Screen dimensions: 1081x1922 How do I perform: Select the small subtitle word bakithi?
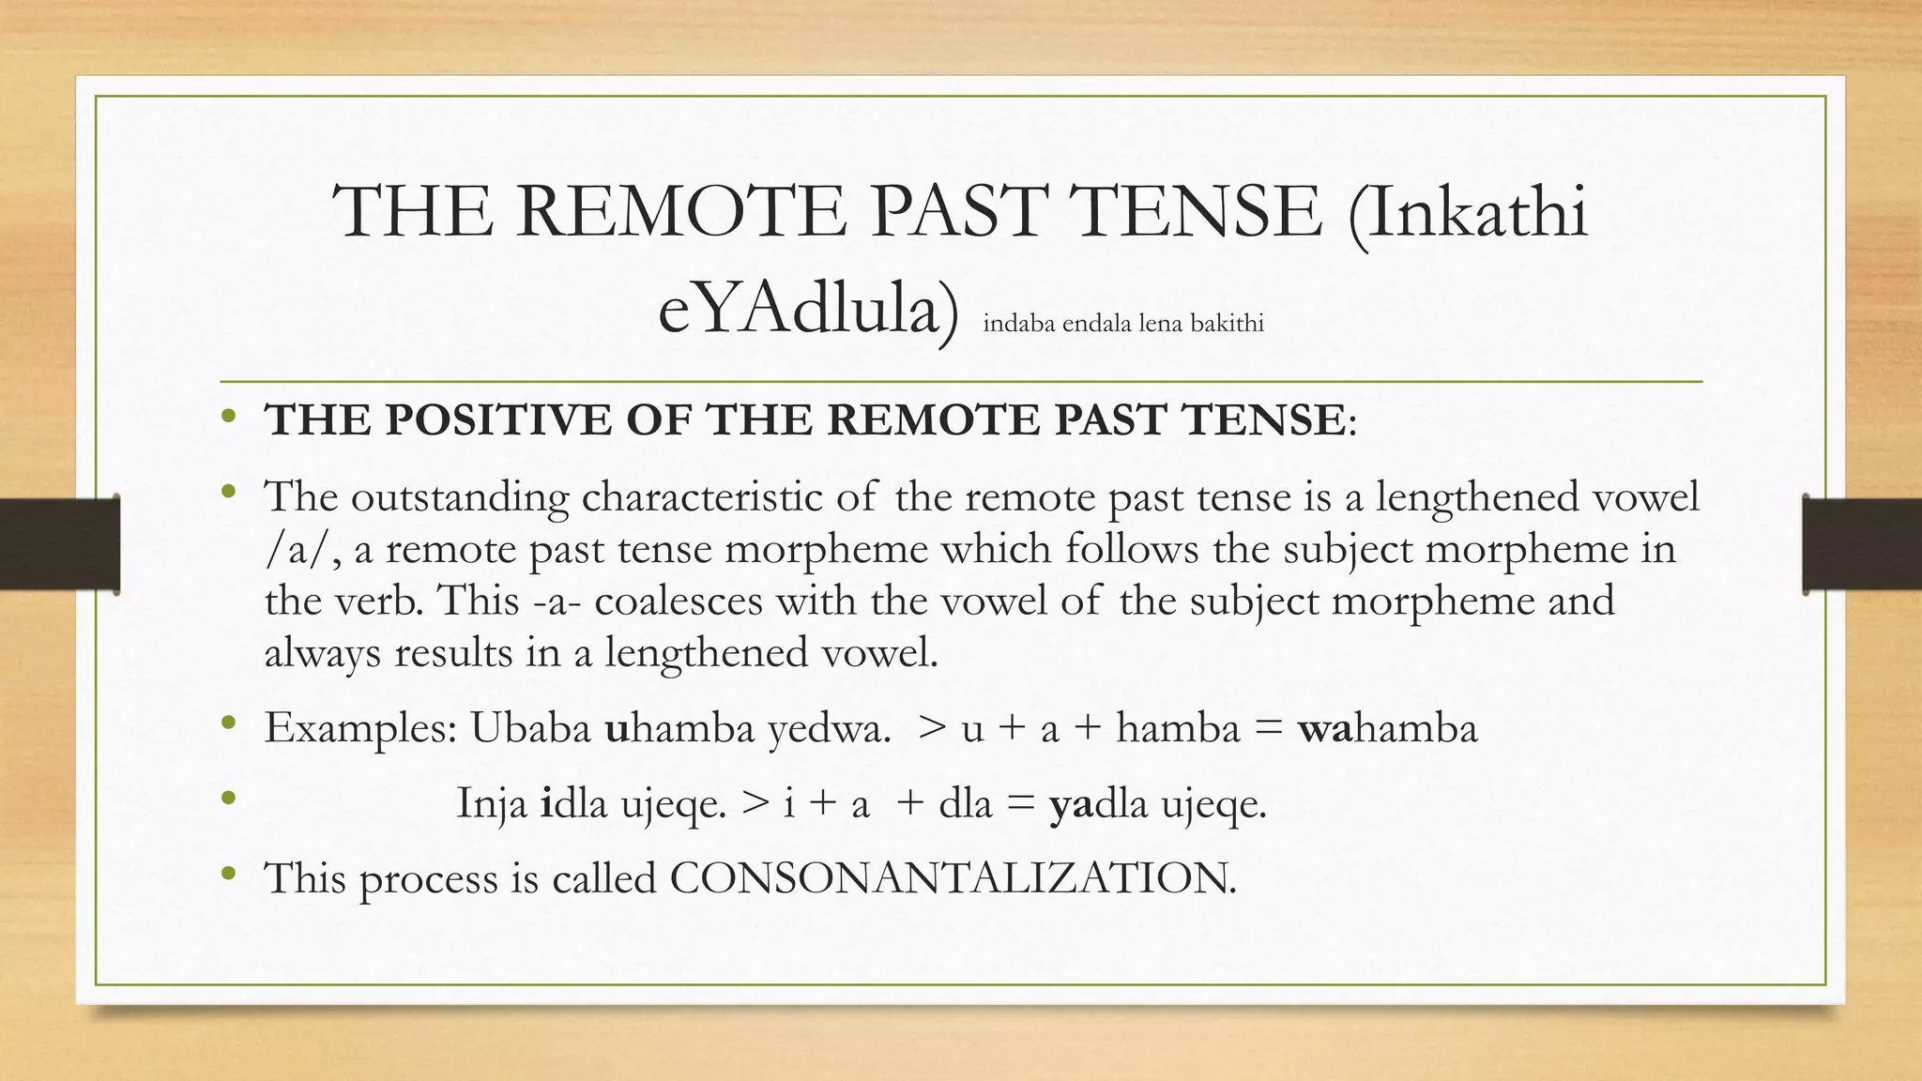click(1227, 324)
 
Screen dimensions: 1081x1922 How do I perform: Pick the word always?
click(322, 653)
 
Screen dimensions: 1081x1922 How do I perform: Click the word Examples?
click(360, 728)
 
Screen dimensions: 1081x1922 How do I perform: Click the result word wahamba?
click(1387, 728)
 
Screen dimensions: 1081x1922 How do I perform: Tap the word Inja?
click(492, 803)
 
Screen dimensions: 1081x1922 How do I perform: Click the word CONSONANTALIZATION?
click(953, 878)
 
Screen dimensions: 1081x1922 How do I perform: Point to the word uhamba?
click(679, 728)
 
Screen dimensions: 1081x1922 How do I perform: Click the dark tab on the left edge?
click(59, 544)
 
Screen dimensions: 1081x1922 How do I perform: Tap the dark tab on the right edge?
click(1862, 544)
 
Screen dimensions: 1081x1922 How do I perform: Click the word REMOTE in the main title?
click(681, 213)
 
